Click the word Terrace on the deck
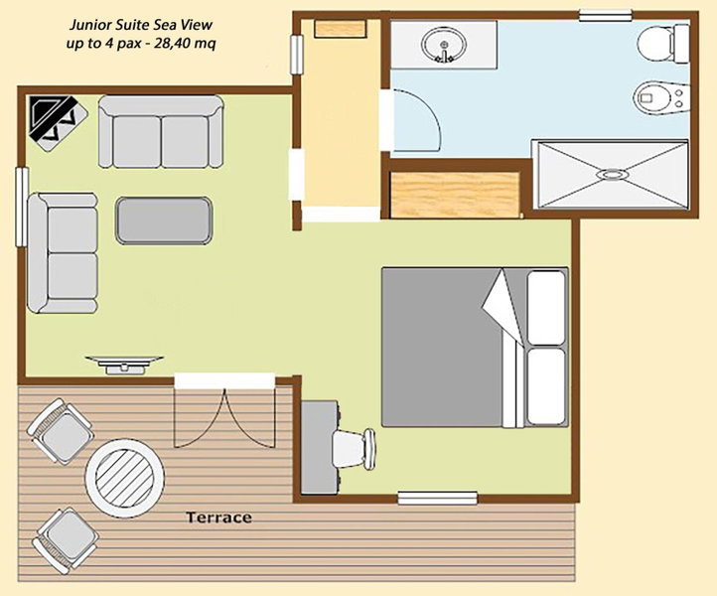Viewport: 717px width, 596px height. (x=218, y=518)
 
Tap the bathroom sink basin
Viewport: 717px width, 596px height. (x=445, y=44)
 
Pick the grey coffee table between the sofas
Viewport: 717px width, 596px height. (x=164, y=220)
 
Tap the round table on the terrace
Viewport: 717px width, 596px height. (x=124, y=478)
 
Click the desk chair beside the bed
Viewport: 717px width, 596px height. (x=354, y=449)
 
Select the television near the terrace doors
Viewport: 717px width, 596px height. (x=124, y=365)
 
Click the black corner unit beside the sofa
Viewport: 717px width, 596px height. (x=58, y=123)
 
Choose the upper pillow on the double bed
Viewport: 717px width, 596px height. (x=546, y=307)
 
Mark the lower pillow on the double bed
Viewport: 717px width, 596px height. (x=546, y=386)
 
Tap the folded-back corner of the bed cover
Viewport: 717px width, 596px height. (x=502, y=307)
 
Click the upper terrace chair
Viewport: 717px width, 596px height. (x=61, y=431)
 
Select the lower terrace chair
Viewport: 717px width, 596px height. (x=66, y=540)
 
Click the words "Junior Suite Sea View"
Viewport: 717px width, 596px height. (x=141, y=25)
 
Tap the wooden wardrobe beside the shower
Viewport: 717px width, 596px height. (x=455, y=195)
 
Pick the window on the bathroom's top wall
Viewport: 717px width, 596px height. (x=607, y=16)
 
